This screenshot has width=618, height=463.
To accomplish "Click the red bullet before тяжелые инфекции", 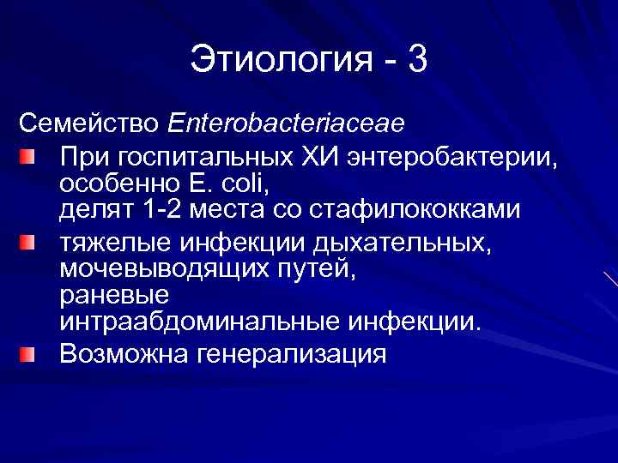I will point(29,244).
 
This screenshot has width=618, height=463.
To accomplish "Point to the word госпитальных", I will point(202,157).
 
